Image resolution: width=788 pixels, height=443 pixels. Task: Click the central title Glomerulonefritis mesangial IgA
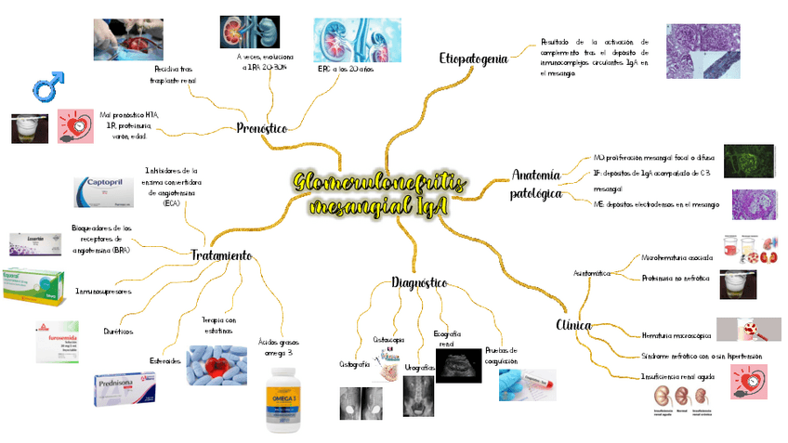(x=377, y=194)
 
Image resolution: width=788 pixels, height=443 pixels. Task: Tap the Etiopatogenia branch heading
(x=473, y=59)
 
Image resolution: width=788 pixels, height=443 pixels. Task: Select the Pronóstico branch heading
(x=261, y=128)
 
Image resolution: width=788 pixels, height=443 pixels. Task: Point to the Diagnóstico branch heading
(x=419, y=281)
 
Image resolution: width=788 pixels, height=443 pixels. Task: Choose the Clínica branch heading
(x=573, y=325)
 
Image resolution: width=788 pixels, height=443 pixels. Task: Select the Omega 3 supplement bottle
(x=285, y=399)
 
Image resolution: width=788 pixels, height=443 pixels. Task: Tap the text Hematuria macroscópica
(x=676, y=334)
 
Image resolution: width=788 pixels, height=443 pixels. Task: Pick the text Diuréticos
(x=118, y=332)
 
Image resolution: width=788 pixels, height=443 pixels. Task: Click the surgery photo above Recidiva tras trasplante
(x=127, y=39)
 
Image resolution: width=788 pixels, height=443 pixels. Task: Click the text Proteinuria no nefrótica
(x=675, y=278)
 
